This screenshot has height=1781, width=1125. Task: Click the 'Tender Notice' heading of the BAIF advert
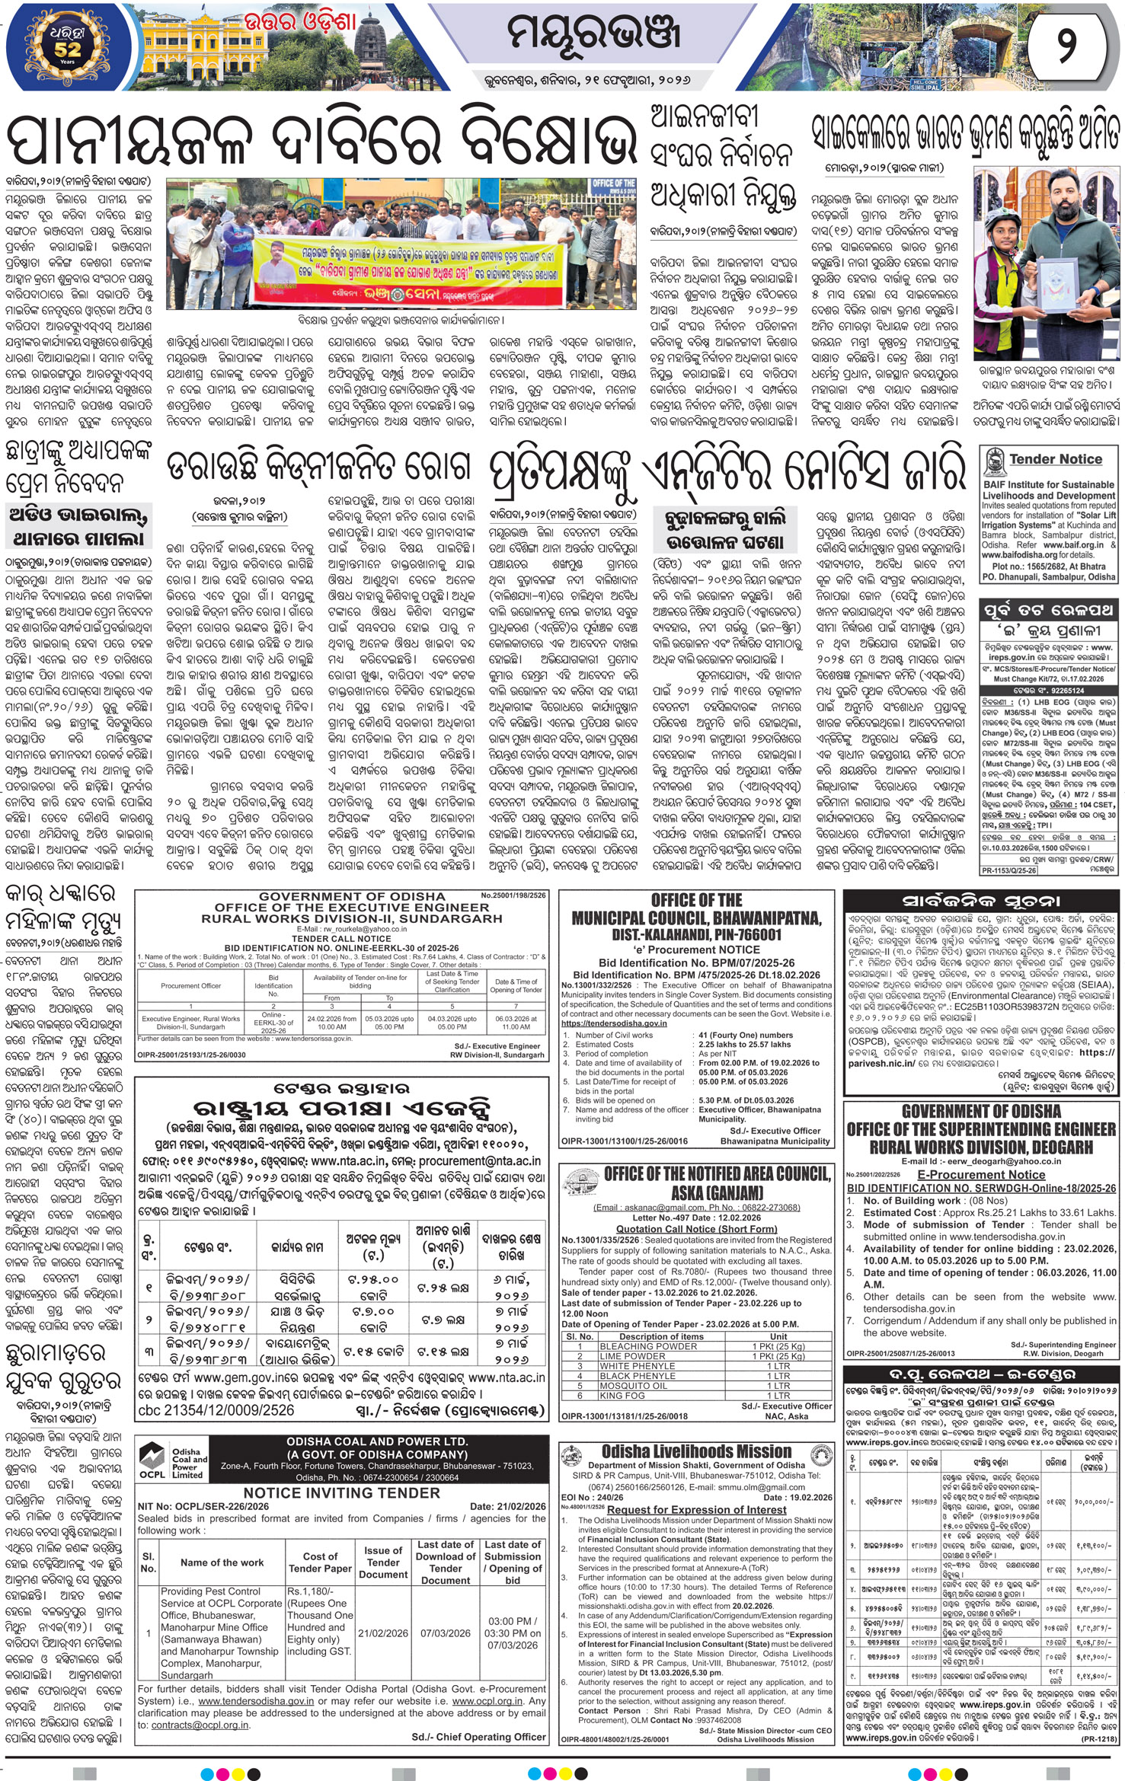tap(1055, 459)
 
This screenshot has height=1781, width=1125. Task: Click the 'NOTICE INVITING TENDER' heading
tap(341, 1492)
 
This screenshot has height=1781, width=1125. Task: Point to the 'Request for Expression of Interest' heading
tap(696, 1509)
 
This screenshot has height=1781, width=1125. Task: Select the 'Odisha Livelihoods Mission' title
tap(696, 1451)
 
